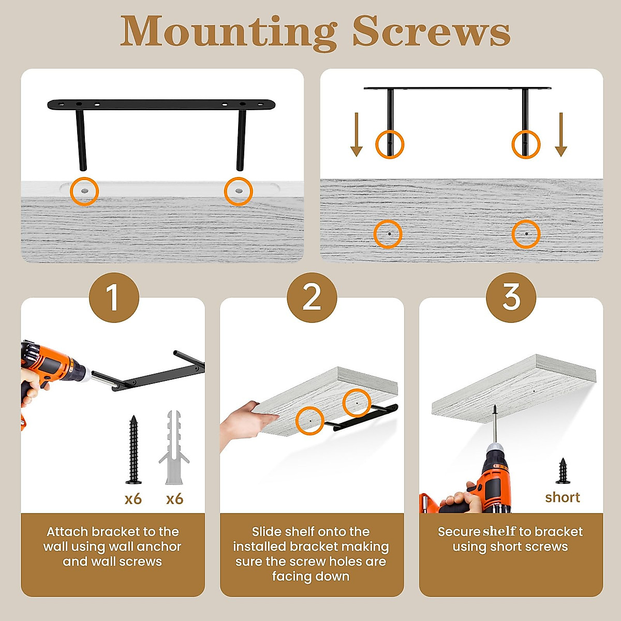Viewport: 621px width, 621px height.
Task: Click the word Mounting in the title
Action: [228, 33]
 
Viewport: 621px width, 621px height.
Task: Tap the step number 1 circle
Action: [114, 298]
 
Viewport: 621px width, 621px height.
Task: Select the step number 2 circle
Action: [312, 298]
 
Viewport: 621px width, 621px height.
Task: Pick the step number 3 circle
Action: [511, 298]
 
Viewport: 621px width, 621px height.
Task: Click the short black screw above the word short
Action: [563, 471]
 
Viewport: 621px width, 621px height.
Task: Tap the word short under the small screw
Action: [563, 497]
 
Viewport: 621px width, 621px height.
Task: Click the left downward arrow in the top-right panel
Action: [357, 135]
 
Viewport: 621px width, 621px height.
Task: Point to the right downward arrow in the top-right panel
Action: [561, 135]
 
